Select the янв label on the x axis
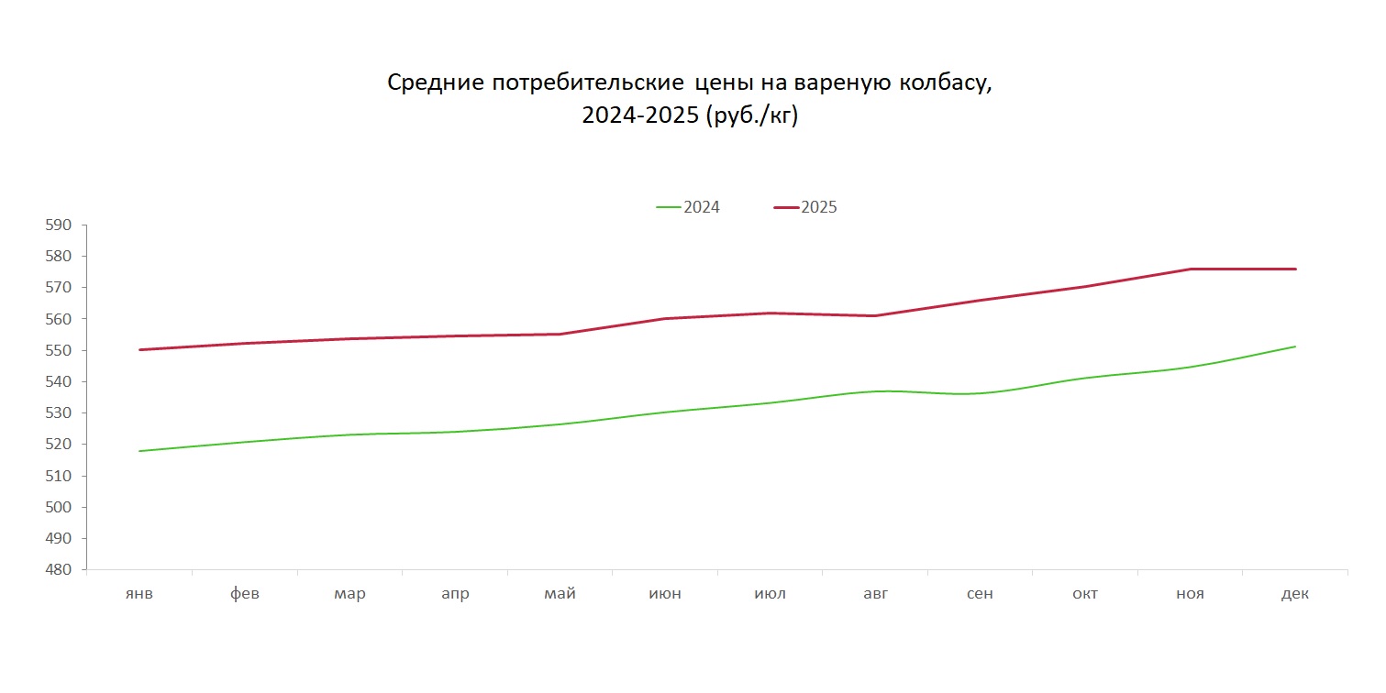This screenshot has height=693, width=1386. click(x=139, y=594)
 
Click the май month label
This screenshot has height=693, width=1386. click(x=560, y=594)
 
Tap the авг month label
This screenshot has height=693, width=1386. click(x=875, y=594)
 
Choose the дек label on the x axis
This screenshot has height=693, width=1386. click(x=1295, y=594)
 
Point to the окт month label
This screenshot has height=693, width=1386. click(x=1085, y=594)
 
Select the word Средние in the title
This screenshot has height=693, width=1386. click(x=435, y=82)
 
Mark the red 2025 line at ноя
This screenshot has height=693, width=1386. click(x=1191, y=269)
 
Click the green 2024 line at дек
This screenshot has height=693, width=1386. click(x=1295, y=346)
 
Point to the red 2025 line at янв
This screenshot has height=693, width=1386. click(x=139, y=349)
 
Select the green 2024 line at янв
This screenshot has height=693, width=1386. click(x=139, y=451)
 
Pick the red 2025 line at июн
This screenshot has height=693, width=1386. click(x=665, y=318)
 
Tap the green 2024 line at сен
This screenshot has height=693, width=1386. click(x=980, y=393)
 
